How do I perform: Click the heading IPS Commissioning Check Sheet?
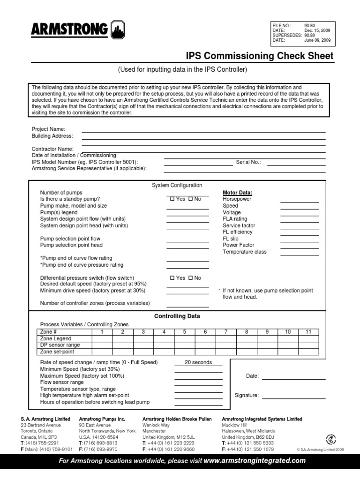coord(260,56)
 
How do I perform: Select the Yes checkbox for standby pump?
coord(172,199)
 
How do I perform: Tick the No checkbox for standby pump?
coord(190,199)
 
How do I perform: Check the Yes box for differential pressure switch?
coord(172,278)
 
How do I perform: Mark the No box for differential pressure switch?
coord(190,278)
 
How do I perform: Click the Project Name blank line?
coord(203,132)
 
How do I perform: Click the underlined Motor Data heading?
coord(237,193)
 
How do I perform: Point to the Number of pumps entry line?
coord(187,195)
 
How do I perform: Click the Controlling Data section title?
coord(177,316)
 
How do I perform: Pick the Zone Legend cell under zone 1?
coord(102,338)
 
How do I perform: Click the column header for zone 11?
coord(308,332)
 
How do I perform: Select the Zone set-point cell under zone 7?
coord(226,352)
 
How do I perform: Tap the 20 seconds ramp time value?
coord(198,362)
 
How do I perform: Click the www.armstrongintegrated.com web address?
coord(255,461)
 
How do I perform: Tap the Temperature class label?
coord(244,252)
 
